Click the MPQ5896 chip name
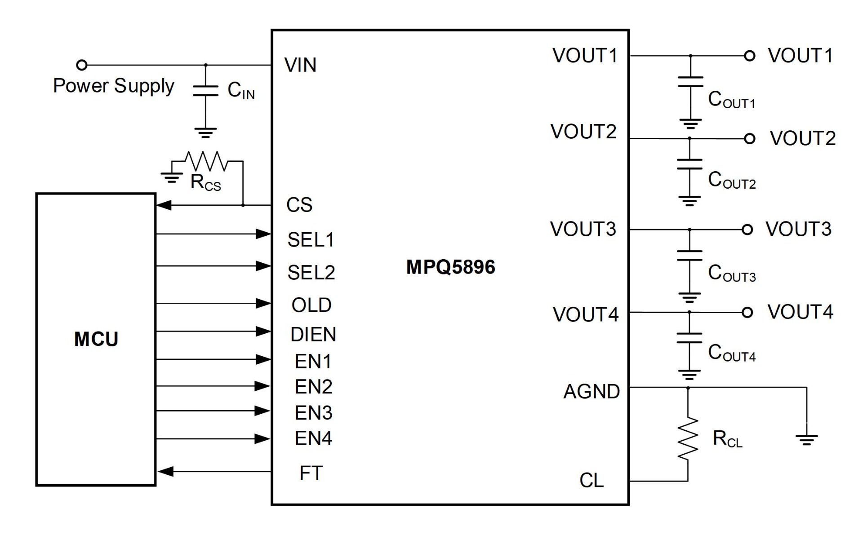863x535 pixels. pos(450,267)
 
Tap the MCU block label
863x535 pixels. pos(96,339)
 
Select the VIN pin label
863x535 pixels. pos(300,65)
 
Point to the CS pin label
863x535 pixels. pos(299,205)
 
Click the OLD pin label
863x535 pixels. pos(311,305)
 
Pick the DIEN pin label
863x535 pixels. pos(313,334)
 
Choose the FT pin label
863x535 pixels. pos(311,473)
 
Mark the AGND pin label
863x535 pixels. pos(592,392)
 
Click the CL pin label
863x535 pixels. pos(592,481)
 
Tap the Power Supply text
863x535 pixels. pos(114,86)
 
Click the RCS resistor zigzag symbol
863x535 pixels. pos(206,161)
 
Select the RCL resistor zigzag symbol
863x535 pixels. pos(688,438)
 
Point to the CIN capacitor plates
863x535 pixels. pos(205,90)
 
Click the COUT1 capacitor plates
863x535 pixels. pos(690,81)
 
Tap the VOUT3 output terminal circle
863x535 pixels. pos(747,230)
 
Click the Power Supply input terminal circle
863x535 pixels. pos(81,65)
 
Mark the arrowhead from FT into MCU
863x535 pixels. pos(165,472)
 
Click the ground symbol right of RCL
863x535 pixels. pos(807,439)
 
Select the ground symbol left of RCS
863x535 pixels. pos(172,177)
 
